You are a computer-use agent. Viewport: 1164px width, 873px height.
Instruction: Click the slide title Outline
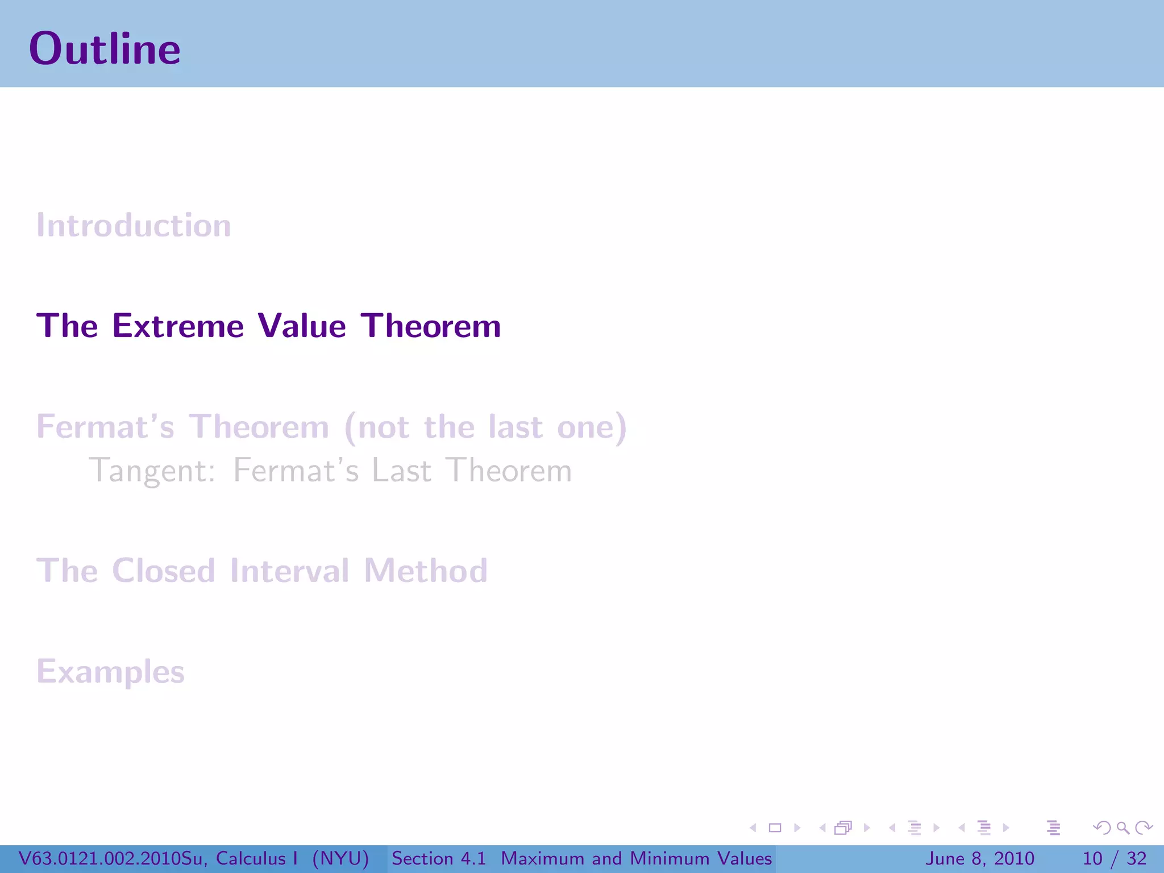(105, 49)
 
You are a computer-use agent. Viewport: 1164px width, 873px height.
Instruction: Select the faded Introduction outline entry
(134, 226)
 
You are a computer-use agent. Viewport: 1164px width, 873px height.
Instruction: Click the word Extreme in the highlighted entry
(178, 326)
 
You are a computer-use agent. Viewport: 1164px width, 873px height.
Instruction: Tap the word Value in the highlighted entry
(301, 326)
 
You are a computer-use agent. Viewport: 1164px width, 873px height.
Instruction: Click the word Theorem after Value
(431, 326)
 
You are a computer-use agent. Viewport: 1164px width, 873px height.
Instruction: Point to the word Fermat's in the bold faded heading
(105, 427)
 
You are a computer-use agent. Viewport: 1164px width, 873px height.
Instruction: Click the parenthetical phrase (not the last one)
(485, 427)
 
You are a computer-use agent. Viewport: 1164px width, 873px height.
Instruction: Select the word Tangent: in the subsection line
(152, 471)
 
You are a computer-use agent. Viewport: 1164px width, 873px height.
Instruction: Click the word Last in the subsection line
(401, 471)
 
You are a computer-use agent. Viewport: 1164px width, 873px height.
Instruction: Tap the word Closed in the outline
(163, 571)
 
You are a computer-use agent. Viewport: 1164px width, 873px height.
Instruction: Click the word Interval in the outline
(289, 571)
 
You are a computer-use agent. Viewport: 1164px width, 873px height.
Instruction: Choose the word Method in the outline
(425, 571)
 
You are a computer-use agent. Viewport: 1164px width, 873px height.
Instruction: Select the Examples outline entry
(110, 672)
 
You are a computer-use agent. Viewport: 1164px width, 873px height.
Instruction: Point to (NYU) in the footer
(340, 858)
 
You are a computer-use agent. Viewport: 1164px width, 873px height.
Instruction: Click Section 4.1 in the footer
(439, 858)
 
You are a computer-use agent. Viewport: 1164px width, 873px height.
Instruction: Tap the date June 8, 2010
(980, 858)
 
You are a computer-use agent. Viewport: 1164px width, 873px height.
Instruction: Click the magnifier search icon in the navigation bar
(1123, 828)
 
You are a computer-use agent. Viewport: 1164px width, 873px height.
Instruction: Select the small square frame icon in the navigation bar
(775, 828)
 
